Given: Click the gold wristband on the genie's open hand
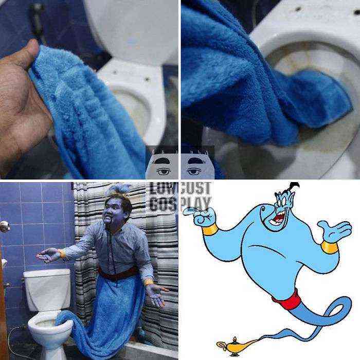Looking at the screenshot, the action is (x=330, y=246).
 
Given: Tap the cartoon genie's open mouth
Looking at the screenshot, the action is (x=277, y=219).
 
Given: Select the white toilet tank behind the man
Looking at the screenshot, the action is (x=48, y=289).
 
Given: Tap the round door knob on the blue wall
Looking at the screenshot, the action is (x=5, y=226).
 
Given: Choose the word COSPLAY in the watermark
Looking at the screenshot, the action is (x=180, y=204).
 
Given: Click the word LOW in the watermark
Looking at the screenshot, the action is (x=163, y=188).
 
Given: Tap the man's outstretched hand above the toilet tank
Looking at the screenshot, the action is (x=49, y=255).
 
